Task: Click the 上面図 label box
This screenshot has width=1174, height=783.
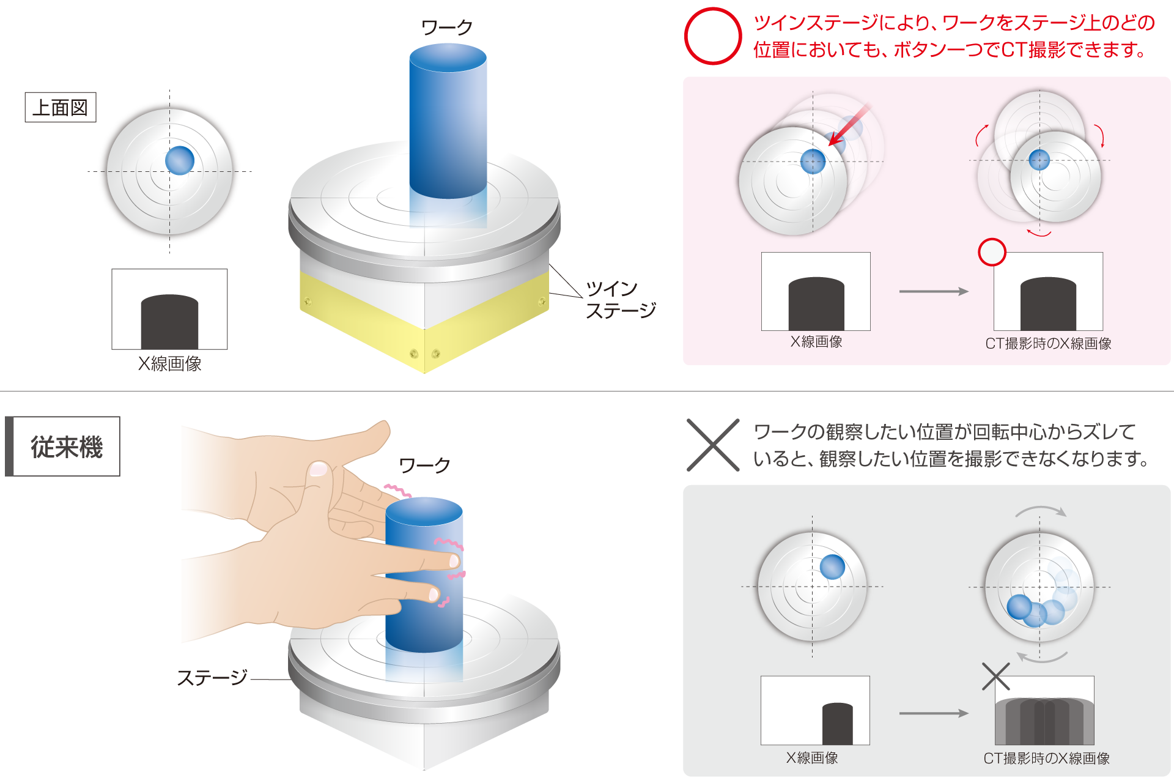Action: coord(61,108)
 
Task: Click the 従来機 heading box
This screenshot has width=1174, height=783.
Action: coord(62,447)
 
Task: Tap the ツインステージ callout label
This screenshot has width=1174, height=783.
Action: coord(621,299)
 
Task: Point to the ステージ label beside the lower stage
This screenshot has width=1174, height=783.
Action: coord(212,677)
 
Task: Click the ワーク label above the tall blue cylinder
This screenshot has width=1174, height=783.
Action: coord(447,28)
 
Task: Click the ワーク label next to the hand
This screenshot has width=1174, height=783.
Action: coord(424,466)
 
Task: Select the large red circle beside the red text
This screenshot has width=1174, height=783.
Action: coord(713,36)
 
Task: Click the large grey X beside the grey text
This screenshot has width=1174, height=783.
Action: coord(713,445)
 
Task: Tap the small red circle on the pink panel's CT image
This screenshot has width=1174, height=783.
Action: coord(992,252)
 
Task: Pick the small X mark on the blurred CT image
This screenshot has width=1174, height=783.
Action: coord(996,677)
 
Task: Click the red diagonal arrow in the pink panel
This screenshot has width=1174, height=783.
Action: coord(849,125)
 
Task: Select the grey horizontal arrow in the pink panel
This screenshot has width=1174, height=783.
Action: coord(934,291)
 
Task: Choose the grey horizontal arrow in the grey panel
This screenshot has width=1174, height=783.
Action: coord(934,713)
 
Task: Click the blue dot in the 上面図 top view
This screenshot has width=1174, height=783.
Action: coord(180,160)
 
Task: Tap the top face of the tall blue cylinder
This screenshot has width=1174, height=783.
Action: coord(448,58)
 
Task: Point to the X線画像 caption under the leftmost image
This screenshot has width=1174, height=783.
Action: coord(170,364)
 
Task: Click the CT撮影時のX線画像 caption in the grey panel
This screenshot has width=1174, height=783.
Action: coord(1047,759)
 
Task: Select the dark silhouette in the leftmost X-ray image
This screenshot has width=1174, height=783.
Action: coord(169,322)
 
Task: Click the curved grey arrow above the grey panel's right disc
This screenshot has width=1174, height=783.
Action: coord(1041,510)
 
